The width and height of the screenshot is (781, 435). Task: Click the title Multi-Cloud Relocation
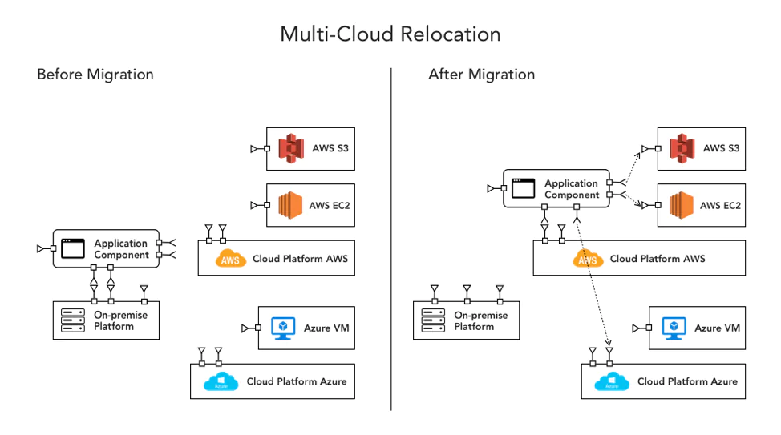pyautogui.click(x=390, y=34)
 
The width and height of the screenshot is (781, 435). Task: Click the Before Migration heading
pyautogui.click(x=95, y=75)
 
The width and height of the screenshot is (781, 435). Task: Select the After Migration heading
pyautogui.click(x=481, y=75)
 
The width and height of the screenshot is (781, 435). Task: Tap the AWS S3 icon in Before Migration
pyautogui.click(x=291, y=148)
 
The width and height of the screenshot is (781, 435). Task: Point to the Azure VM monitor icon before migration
pyautogui.click(x=283, y=328)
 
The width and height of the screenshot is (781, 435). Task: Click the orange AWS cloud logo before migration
pyautogui.click(x=232, y=259)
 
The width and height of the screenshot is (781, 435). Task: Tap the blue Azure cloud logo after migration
pyautogui.click(x=612, y=382)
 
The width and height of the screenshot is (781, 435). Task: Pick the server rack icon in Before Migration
pyautogui.click(x=74, y=320)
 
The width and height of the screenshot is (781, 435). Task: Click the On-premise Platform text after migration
pyautogui.click(x=480, y=320)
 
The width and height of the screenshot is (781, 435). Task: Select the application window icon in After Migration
pyautogui.click(x=522, y=189)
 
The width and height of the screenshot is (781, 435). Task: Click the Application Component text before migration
pyautogui.click(x=121, y=249)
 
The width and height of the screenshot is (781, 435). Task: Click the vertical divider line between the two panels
pyautogui.click(x=391, y=240)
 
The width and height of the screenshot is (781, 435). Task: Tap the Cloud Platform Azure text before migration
pyautogui.click(x=296, y=381)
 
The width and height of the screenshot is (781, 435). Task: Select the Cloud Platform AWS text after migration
pyautogui.click(x=658, y=259)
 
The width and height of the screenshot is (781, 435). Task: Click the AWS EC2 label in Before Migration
pyautogui.click(x=329, y=205)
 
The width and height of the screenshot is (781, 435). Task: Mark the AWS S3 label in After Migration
pyautogui.click(x=720, y=148)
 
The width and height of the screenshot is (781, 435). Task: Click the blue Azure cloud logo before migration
pyautogui.click(x=221, y=382)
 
